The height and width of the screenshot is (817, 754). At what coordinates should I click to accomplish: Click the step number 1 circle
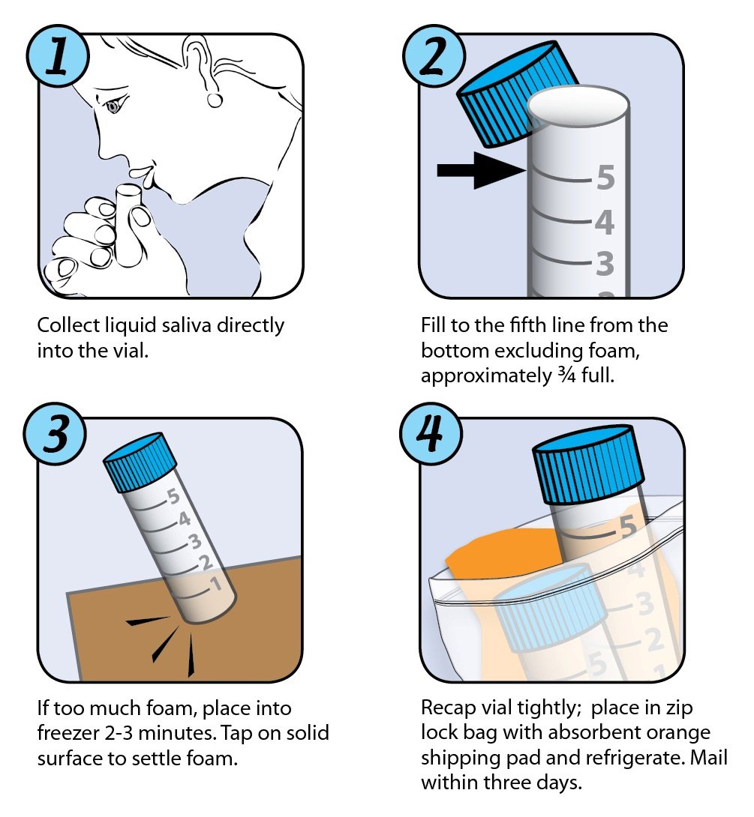click(x=57, y=55)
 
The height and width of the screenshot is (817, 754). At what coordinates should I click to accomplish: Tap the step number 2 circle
click(x=434, y=55)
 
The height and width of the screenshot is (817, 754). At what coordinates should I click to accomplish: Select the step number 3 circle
click(x=56, y=433)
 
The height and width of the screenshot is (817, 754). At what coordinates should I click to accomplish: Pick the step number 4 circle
click(x=431, y=433)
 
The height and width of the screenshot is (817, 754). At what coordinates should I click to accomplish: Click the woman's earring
click(x=215, y=100)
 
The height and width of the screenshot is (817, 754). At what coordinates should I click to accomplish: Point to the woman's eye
click(x=113, y=107)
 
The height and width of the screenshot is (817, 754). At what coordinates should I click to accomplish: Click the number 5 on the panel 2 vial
click(x=605, y=178)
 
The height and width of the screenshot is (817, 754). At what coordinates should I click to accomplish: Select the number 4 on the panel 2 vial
click(x=605, y=223)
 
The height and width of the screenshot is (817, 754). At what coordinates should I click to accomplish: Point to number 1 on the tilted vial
click(x=216, y=583)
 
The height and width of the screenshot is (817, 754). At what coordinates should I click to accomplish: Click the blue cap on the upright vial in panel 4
click(x=588, y=465)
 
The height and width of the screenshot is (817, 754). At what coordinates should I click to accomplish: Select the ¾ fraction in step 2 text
click(x=566, y=376)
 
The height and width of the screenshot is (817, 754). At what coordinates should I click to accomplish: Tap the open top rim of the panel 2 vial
click(x=578, y=104)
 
